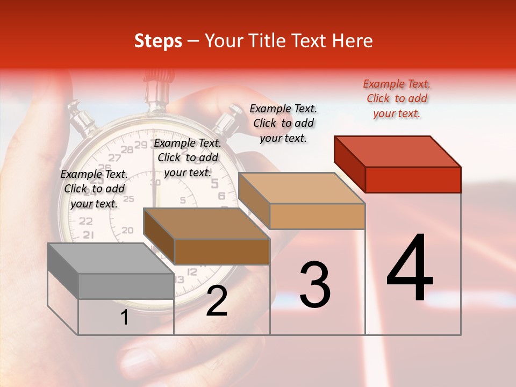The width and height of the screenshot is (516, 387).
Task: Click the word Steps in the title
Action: pyautogui.click(x=158, y=41)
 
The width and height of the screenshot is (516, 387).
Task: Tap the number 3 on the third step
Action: pyautogui.click(x=314, y=285)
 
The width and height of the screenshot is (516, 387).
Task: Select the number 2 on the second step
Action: pyautogui.click(x=217, y=301)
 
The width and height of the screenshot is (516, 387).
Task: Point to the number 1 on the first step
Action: pyautogui.click(x=125, y=318)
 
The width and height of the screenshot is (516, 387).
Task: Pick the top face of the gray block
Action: pyautogui.click(x=111, y=258)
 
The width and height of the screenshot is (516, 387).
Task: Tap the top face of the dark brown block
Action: pyautogui.click(x=206, y=223)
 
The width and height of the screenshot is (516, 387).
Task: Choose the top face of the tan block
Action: pyautogui.click(x=302, y=188)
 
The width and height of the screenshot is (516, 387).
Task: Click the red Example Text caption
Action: pyautogui.click(x=397, y=98)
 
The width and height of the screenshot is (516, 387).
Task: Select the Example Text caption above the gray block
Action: pyautogui.click(x=94, y=189)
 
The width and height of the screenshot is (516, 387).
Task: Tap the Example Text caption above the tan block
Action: pyautogui.click(x=283, y=123)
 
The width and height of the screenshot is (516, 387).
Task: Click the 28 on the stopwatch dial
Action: pyautogui.click(x=127, y=150)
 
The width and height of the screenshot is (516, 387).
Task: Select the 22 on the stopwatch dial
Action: pyautogui.click(x=85, y=221)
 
